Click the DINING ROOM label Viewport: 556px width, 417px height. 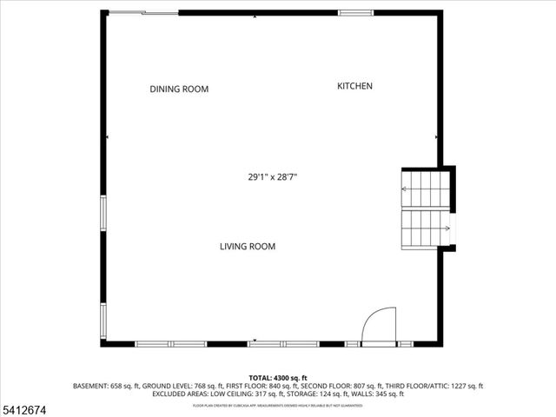179,89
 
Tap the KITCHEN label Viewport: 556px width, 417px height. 354,86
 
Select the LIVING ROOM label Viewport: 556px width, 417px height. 247,247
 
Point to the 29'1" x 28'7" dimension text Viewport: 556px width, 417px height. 273,177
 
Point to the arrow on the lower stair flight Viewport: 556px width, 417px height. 445,229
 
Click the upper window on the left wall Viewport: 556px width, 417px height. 103,214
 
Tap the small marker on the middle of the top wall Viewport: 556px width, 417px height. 254,16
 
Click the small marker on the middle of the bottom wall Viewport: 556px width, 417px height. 254,340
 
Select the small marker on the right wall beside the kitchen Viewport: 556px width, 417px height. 436,137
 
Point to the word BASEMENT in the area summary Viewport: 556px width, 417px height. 91,386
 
